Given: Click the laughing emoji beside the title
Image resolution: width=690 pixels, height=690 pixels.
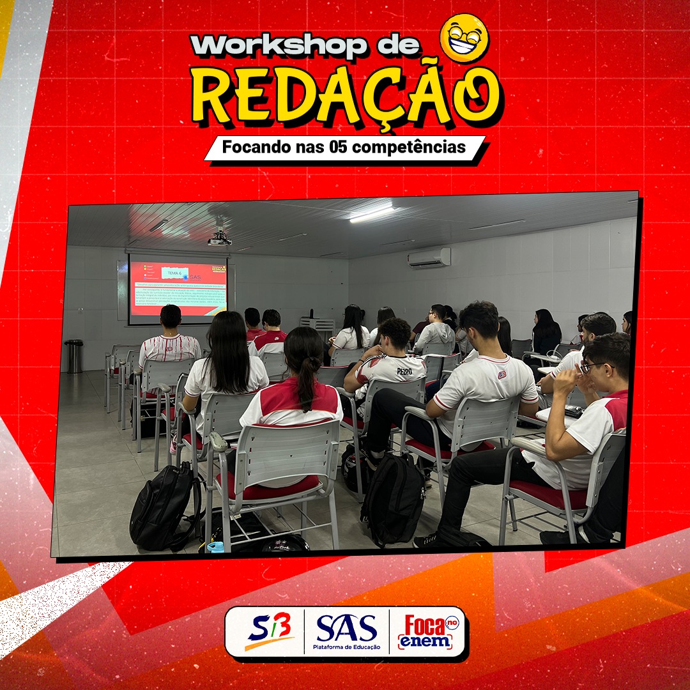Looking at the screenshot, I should [x=464, y=38].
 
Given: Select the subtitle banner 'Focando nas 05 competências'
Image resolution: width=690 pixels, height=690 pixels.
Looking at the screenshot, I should [x=344, y=148].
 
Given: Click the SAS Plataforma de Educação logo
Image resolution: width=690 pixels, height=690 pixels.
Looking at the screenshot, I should [x=346, y=631].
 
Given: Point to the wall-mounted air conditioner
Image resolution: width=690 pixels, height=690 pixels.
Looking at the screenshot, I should [x=429, y=258].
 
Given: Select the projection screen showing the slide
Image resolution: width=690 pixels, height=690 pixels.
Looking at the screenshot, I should [x=178, y=289].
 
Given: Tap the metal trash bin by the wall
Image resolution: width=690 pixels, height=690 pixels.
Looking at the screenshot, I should [x=74, y=356].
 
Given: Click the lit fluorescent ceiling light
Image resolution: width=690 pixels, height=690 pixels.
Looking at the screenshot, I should [x=372, y=214].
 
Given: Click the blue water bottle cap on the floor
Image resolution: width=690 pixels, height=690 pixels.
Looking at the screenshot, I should [x=215, y=547].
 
